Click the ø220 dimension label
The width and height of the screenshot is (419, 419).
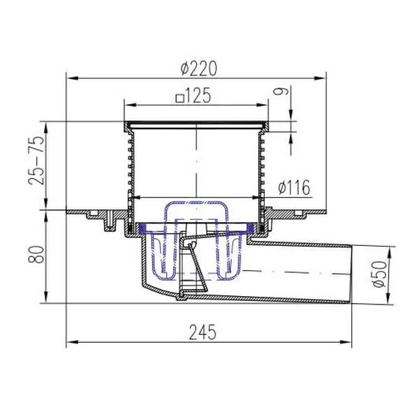tap(198, 68)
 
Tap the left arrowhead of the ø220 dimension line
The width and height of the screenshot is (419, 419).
tap(70, 78)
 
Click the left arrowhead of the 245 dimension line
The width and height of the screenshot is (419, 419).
tap(70, 342)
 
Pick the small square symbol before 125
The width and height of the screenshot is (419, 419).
tap(180, 99)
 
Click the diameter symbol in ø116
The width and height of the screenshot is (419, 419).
tap(281, 187)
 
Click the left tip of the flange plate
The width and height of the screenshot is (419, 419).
tap(68, 211)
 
